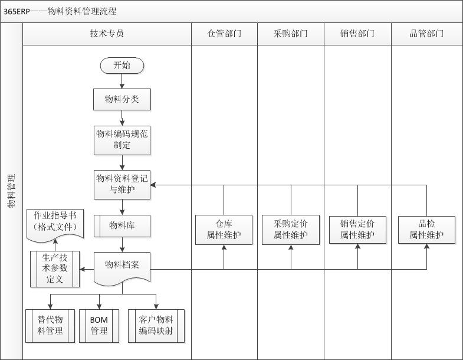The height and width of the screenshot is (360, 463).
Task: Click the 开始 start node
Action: [x=122, y=65]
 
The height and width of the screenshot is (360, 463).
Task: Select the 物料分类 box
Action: [x=122, y=99]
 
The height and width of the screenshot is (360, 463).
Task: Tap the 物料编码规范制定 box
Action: [x=122, y=140]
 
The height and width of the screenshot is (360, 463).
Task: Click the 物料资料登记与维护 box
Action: [x=122, y=185]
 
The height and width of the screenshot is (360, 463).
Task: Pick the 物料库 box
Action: [x=122, y=225]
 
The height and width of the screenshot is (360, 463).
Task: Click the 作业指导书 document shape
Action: [x=55, y=222]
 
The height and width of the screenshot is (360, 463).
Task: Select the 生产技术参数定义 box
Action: [x=55, y=269]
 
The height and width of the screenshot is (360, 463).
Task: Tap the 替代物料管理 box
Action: [x=50, y=325]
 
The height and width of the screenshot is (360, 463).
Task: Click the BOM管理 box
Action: [x=99, y=325]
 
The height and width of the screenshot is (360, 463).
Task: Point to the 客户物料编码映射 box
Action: [x=156, y=325]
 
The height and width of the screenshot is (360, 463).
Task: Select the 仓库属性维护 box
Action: [x=224, y=230]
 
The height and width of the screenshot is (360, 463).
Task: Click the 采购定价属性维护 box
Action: [x=291, y=230]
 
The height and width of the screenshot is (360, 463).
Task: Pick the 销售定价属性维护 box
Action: [x=357, y=230]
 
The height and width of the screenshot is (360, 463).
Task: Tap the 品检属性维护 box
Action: [x=426, y=230]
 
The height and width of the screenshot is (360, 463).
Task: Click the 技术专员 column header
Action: [x=107, y=34]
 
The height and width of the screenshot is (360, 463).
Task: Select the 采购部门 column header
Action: [x=291, y=34]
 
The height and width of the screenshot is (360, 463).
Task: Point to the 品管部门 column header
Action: [x=426, y=34]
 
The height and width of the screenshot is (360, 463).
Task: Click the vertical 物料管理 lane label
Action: [x=11, y=192]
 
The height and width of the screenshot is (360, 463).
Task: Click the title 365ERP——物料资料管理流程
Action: [x=60, y=11]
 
